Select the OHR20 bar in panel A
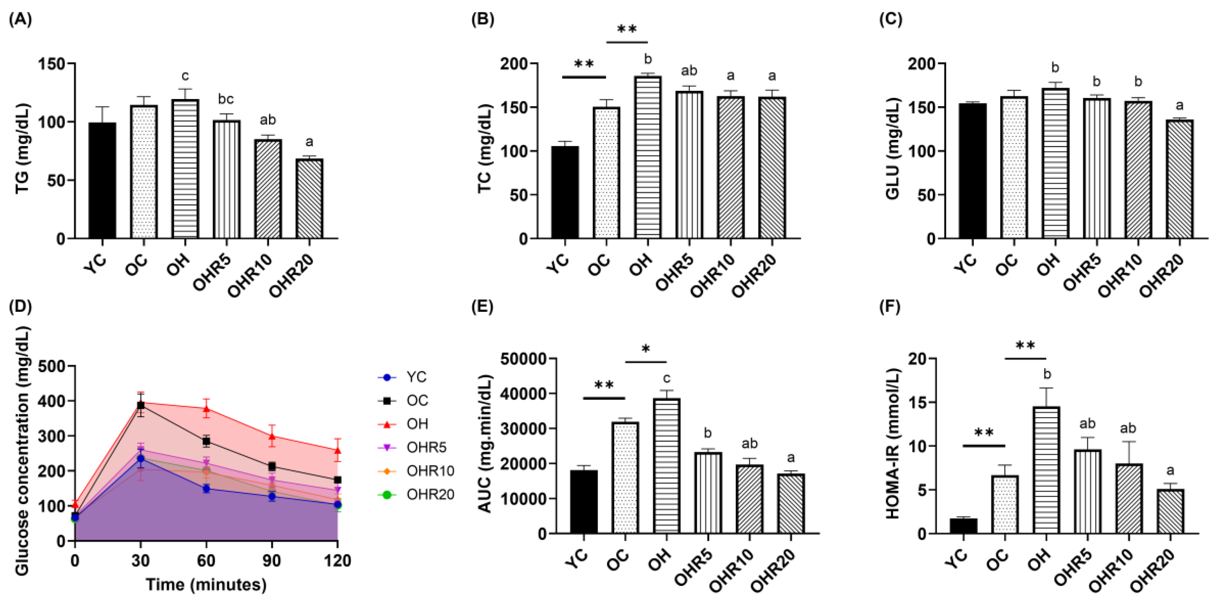click(x=309, y=199)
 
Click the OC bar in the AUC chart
click(x=625, y=478)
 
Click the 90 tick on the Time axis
click(x=271, y=561)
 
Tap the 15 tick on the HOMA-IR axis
click(x=916, y=402)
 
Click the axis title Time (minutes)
click(x=206, y=585)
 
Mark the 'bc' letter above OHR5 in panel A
click(x=226, y=99)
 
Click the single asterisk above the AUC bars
click(x=645, y=350)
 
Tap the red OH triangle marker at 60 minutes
click(x=206, y=409)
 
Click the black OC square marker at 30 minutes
click(x=141, y=405)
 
